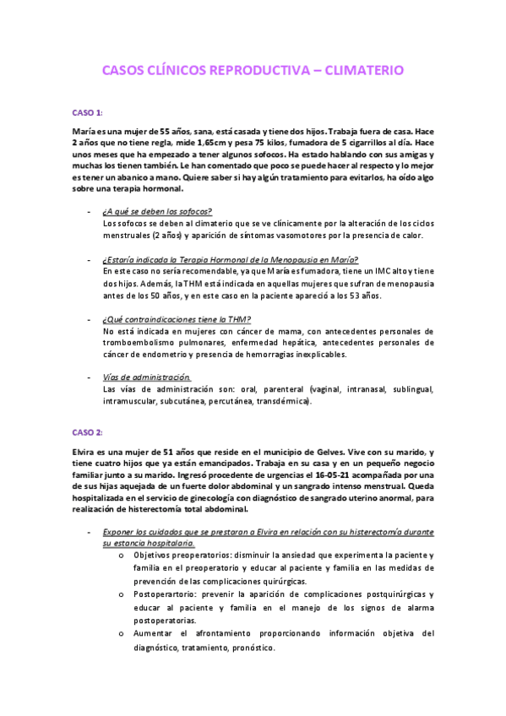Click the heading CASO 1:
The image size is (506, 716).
click(87, 112)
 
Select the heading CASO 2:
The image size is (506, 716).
click(87, 432)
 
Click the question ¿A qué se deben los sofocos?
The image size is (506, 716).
click(157, 210)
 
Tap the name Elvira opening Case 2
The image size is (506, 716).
click(85, 453)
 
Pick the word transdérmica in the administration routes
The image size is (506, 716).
click(284, 402)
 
